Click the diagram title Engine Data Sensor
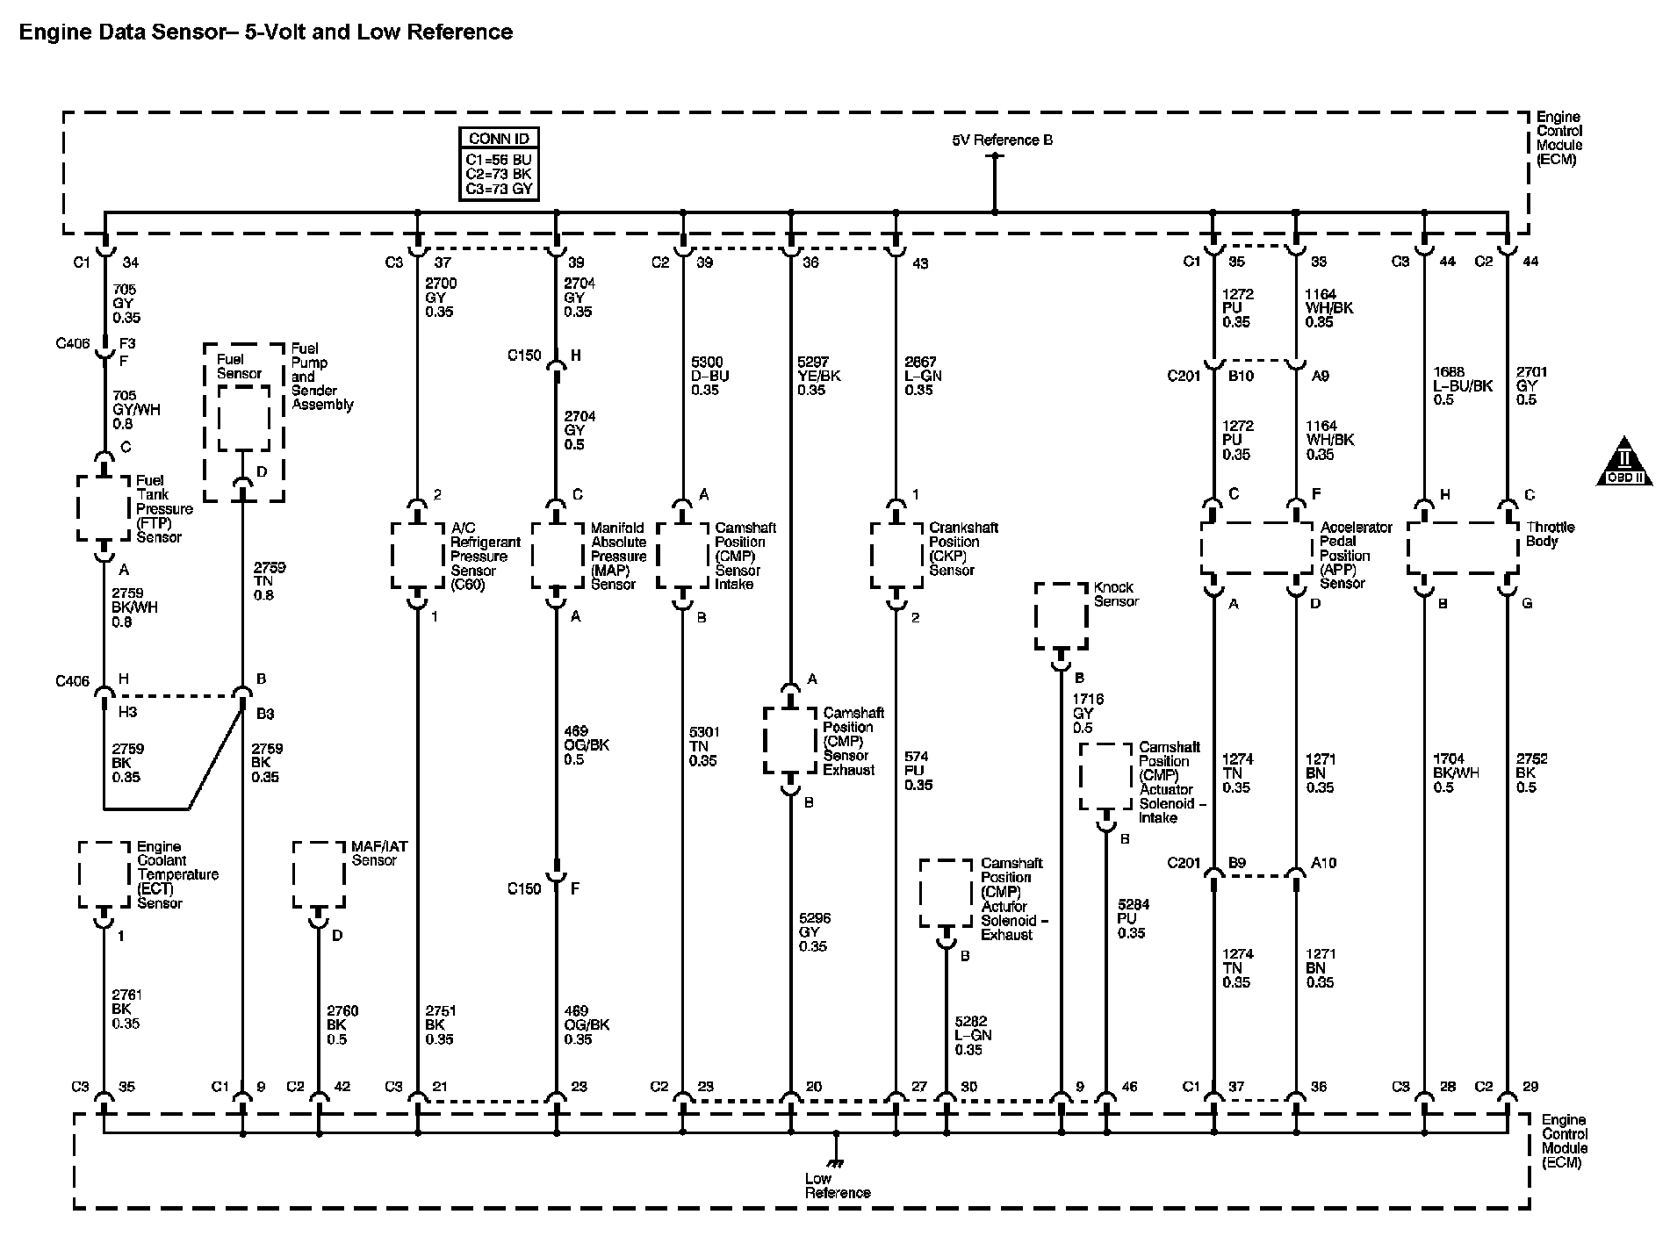click(x=265, y=32)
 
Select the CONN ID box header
click(x=499, y=139)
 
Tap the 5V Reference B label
click(x=1002, y=140)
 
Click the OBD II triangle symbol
click(x=1624, y=463)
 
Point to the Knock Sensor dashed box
click(x=1061, y=615)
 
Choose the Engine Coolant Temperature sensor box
click(x=104, y=875)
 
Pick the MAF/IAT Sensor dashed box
click(x=319, y=875)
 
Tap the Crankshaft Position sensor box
click(x=896, y=556)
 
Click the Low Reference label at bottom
click(x=837, y=1186)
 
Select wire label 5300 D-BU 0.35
click(x=710, y=376)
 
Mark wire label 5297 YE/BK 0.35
click(x=818, y=376)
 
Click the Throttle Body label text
click(x=1550, y=534)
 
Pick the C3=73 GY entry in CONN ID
click(x=499, y=189)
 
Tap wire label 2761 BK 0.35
click(x=126, y=1010)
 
